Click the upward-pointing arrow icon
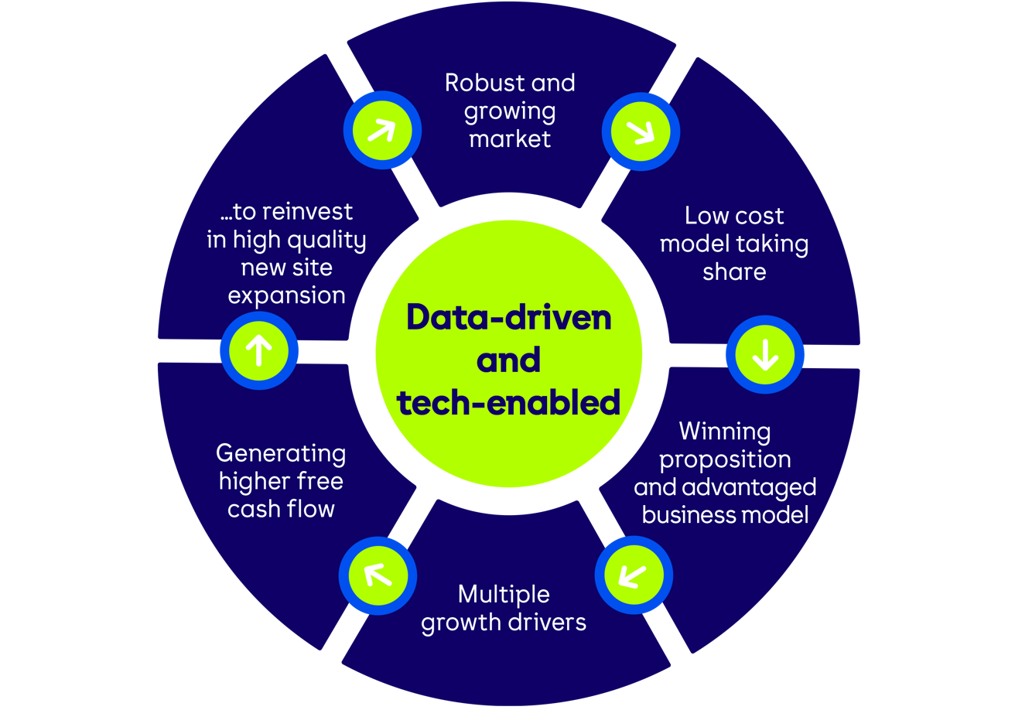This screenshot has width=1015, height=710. point(258,351)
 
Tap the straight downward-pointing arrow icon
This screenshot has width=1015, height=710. point(765,354)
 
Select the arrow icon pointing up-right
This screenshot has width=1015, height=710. point(381,130)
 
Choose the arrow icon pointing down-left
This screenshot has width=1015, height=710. point(633,575)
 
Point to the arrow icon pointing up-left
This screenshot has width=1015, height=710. point(378,574)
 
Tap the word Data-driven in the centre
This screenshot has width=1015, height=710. point(508,317)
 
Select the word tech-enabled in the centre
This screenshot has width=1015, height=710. point(508,402)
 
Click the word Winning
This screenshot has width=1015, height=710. point(724,431)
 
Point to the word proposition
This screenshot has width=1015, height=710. point(724,459)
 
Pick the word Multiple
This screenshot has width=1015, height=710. point(504,594)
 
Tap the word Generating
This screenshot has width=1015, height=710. point(281,452)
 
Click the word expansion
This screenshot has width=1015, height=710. point(286,295)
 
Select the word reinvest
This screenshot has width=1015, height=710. point(305,211)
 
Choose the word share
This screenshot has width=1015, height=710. point(734,271)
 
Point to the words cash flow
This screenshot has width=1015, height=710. point(281,509)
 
